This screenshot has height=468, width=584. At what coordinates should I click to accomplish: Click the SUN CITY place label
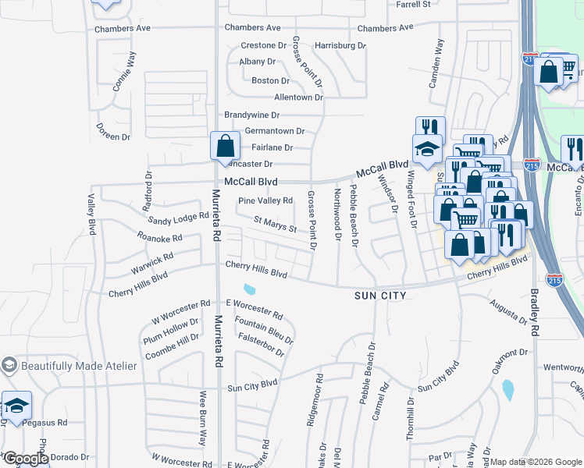(380, 296)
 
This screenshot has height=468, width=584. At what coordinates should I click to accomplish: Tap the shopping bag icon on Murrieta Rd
(225, 146)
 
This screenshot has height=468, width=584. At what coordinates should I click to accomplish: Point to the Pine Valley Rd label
(265, 200)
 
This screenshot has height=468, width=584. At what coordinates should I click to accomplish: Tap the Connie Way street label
(124, 72)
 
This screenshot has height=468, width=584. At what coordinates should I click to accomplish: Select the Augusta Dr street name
(509, 311)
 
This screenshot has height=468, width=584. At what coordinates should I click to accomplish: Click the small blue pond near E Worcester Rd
(249, 289)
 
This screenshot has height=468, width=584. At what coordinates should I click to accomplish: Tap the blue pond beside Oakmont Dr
(509, 388)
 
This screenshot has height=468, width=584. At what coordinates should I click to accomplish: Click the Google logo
(25, 459)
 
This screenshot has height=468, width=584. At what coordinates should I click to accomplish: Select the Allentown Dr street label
(297, 97)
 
